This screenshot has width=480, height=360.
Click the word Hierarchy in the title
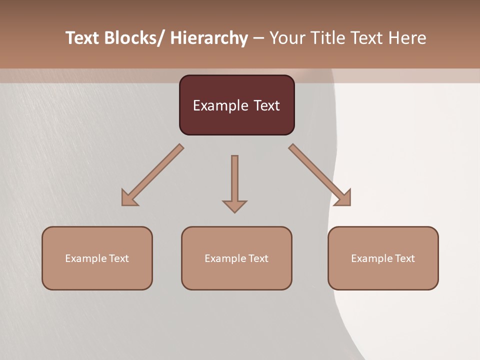(x=209, y=38)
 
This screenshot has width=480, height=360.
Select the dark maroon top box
(x=236, y=105)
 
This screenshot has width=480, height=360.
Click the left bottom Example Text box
(x=97, y=258)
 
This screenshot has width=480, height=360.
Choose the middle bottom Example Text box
(x=236, y=258)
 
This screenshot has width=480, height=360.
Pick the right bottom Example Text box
(x=383, y=258)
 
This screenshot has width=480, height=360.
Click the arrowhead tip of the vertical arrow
(x=234, y=211)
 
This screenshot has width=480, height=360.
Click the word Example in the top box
(x=218, y=105)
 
